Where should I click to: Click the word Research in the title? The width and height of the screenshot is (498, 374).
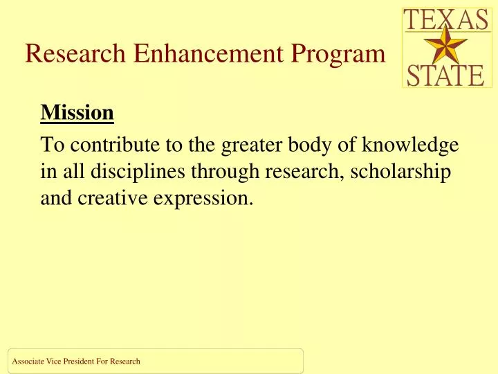pos(75,53)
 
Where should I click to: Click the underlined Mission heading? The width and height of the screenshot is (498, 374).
pos(77,112)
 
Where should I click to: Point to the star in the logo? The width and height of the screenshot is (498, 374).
pos(446,47)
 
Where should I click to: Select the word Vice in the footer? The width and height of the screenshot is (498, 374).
pos(53,361)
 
